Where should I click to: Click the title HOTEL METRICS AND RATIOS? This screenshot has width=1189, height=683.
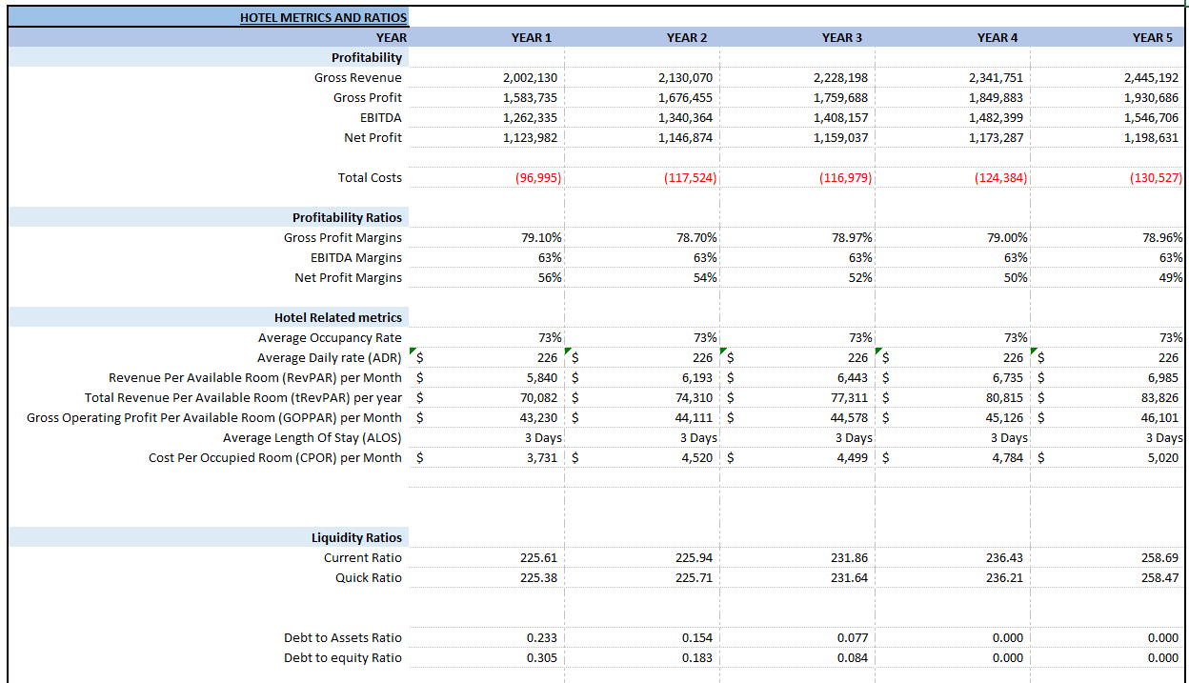coord(323,17)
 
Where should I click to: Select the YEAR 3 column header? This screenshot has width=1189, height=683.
coord(841,37)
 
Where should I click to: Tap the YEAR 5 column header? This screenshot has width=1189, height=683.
coord(1152,37)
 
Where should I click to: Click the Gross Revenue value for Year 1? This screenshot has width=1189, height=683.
coord(530,78)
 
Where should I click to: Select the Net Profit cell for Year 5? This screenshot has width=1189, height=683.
coord(1151,138)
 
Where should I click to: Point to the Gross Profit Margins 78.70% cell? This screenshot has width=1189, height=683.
coord(694,238)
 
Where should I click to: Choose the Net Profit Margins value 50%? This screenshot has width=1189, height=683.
coord(1016,278)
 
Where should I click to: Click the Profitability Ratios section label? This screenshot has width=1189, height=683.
coord(347,217)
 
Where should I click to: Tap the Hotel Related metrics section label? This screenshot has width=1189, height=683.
coord(337,317)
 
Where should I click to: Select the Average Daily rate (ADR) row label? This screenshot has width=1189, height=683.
coord(329,358)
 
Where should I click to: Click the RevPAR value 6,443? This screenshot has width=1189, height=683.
coord(848,378)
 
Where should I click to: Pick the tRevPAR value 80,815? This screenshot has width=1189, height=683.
coord(1004,398)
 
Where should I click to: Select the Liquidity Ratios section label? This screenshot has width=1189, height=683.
coord(356,537)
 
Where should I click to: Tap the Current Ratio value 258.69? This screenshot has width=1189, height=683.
coord(1159,558)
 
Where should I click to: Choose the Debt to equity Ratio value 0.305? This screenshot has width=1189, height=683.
coord(542,658)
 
